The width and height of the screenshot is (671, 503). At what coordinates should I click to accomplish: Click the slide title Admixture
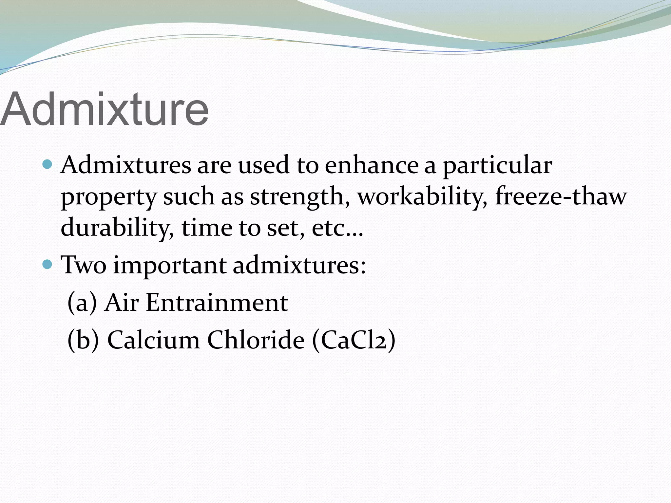click(104, 109)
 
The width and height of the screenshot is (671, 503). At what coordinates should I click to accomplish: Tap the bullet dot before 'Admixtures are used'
click(48, 164)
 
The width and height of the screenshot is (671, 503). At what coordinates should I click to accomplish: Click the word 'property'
click(109, 198)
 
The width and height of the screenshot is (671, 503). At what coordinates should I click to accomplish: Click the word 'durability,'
click(117, 228)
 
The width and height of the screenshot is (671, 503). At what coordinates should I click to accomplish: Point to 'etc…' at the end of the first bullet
click(337, 228)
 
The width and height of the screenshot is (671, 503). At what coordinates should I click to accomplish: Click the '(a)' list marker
click(82, 303)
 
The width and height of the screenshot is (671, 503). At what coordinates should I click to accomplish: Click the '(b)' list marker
click(83, 340)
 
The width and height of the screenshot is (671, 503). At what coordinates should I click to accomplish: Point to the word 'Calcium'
click(153, 340)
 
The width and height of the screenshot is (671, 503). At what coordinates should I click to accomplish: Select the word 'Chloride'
click(256, 340)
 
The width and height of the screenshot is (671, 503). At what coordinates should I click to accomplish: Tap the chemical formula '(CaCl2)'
click(354, 340)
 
